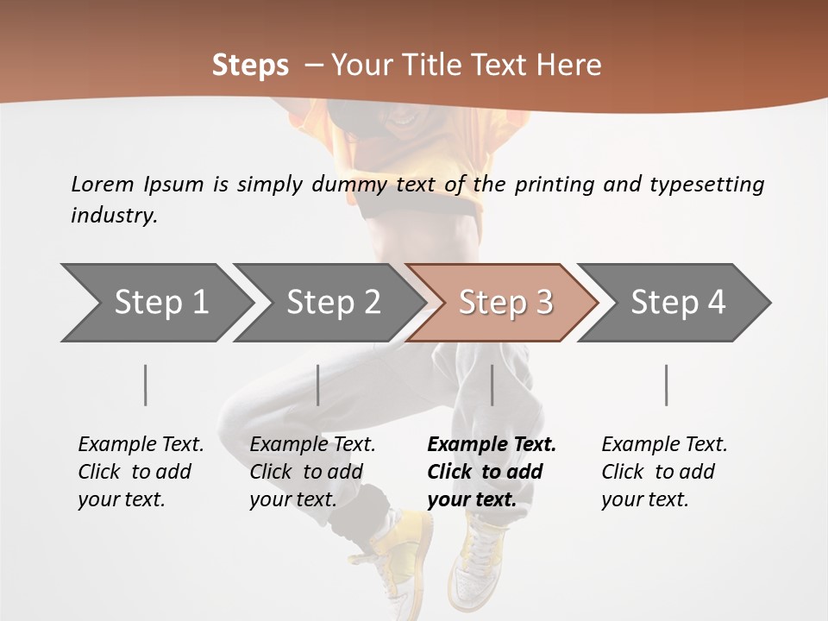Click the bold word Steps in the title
(250, 66)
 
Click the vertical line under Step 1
(146, 385)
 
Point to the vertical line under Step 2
(318, 385)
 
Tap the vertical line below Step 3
(492, 385)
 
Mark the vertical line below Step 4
(667, 385)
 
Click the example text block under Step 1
(141, 472)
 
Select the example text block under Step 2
(312, 472)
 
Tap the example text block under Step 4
(664, 472)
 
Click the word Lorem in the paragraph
(102, 184)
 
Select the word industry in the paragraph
(114, 216)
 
